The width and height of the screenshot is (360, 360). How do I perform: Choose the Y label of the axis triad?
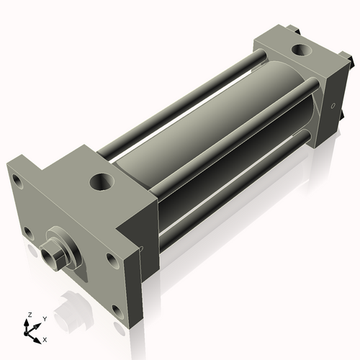pyautogui.click(x=44, y=318)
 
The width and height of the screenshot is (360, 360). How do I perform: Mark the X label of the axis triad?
pyautogui.click(x=45, y=338)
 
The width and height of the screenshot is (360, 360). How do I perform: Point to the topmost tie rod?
pyautogui.click(x=180, y=101)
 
